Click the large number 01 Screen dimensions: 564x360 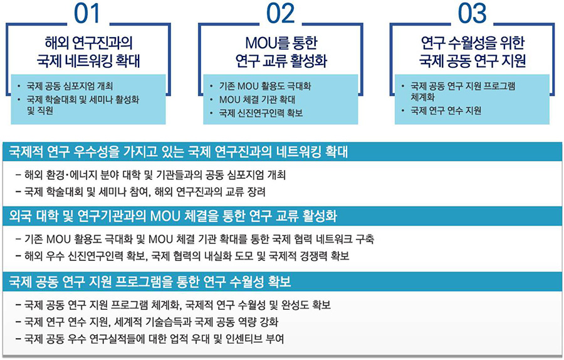[86, 14]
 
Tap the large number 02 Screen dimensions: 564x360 [281, 14]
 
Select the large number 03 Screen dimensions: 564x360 [473, 14]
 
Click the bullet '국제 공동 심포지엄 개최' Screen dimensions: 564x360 [70, 86]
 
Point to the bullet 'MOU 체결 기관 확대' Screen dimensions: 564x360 [257, 99]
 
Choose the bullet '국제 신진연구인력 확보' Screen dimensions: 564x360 [261, 113]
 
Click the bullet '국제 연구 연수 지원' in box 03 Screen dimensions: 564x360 [446, 110]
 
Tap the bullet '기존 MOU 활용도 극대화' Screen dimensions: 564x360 [265, 86]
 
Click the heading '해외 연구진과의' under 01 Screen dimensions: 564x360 [88, 43]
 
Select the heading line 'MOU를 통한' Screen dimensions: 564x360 [281, 43]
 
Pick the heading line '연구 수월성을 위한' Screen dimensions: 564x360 [473, 43]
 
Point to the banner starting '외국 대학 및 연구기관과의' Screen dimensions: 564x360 [173, 216]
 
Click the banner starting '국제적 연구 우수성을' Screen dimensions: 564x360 [179, 152]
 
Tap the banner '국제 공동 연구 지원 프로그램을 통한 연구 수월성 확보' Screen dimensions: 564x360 [150, 282]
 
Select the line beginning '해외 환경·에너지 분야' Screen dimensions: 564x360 [150, 176]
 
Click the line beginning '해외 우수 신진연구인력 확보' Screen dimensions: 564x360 [182, 257]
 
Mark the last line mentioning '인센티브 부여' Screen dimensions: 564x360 [150, 339]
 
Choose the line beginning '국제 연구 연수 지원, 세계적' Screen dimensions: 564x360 [147, 322]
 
